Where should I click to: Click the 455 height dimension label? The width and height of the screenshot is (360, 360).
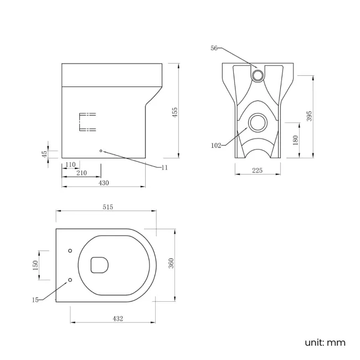174,111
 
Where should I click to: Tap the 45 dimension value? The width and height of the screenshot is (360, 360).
45,153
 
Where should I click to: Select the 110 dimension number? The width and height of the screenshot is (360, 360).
70,164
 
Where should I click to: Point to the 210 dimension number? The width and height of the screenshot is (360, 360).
81,173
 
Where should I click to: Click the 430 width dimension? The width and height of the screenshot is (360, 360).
103,182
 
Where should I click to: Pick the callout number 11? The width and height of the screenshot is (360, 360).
164,167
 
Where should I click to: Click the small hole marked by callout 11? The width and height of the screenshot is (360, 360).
100,151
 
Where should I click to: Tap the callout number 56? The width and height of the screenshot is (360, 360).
214,48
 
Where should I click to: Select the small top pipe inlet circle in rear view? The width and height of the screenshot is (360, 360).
259,74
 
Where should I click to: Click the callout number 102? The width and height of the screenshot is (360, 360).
217,146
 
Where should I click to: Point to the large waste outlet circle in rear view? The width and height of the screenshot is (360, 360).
257,122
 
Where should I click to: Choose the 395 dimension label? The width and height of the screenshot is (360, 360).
310,116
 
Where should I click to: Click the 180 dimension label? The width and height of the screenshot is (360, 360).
295,140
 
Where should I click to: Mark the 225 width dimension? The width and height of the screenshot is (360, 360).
258,171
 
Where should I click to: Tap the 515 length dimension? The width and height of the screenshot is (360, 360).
107,207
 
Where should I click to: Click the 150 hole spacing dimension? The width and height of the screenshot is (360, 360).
36,266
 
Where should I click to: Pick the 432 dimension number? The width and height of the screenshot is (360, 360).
117,318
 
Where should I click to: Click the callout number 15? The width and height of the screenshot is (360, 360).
35,300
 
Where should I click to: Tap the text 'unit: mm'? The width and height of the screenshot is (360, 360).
325,342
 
